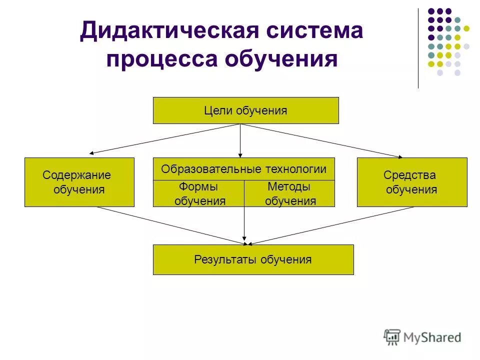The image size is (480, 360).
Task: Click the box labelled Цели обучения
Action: pyautogui.click(x=245, y=110)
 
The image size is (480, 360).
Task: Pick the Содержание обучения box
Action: pyautogui.click(x=79, y=182)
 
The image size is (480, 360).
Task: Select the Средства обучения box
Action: pyautogui.click(x=412, y=182)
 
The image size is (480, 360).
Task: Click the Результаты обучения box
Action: pyautogui.click(x=253, y=259)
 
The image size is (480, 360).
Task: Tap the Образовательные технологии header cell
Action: pyautogui.click(x=243, y=169)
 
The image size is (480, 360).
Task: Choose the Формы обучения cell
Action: pyautogui.click(x=198, y=194)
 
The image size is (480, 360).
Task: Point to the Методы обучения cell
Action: pyautogui.click(x=289, y=194)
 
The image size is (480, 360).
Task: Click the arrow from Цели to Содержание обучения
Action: pyautogui.click(x=165, y=138)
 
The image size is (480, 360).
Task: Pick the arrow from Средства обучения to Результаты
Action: pyautogui.click(x=330, y=226)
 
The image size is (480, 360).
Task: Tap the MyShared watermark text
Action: pyautogui.click(x=433, y=337)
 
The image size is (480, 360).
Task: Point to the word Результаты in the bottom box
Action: pyautogui.click(x=218, y=259)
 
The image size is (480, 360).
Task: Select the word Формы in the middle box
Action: pyautogui.click(x=198, y=187)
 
